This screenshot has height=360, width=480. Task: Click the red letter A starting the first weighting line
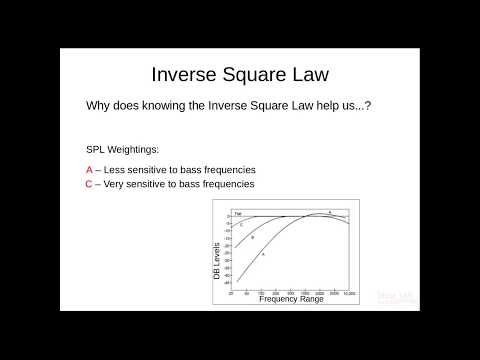(89, 170)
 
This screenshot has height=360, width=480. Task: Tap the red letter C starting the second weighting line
(89, 184)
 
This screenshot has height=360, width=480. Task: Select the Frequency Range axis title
(291, 299)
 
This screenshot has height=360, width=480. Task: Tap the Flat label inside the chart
(238, 213)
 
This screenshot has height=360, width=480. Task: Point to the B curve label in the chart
(252, 237)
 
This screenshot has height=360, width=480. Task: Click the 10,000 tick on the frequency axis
(349, 294)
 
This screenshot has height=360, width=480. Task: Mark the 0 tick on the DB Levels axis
(228, 216)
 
